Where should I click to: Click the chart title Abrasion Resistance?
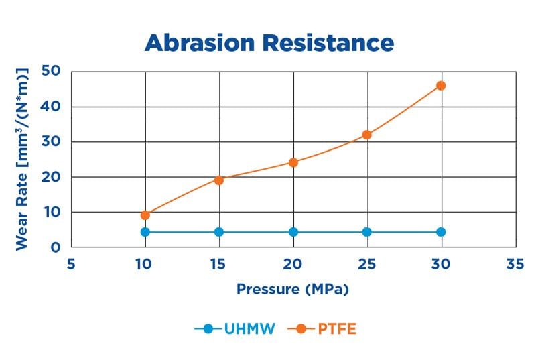[269, 42]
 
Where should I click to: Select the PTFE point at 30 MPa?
[440, 86]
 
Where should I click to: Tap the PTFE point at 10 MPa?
[145, 215]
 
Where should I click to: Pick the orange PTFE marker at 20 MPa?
[293, 162]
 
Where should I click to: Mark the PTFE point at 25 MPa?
[366, 135]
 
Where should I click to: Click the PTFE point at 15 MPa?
[218, 180]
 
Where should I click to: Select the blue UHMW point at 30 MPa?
[440, 232]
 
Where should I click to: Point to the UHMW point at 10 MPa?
[145, 232]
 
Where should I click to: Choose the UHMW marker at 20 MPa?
[293, 232]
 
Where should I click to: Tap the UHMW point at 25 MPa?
[366, 232]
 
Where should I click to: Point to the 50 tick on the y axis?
[51, 71]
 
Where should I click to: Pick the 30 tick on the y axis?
[51, 141]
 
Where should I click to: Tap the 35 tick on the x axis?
[515, 265]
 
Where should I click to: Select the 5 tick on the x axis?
[71, 265]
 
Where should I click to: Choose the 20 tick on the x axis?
[293, 265]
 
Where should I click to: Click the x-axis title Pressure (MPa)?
[293, 290]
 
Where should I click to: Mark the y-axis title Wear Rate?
[23, 159]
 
